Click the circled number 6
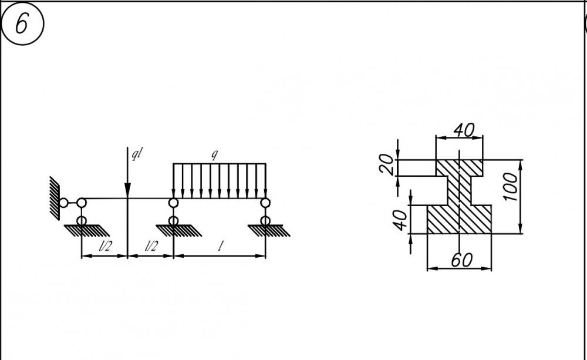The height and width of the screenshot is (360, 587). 22,24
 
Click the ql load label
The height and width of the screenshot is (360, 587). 137,154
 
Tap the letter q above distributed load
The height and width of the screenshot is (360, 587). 214,154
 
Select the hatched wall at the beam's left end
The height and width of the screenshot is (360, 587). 55,198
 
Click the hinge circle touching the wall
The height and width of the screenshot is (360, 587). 63,203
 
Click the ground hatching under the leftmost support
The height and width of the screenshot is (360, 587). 86,231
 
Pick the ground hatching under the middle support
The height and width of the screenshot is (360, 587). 178,231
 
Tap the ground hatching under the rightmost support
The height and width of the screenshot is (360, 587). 269,231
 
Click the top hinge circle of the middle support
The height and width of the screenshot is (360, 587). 173,203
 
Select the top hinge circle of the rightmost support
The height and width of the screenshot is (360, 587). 265,203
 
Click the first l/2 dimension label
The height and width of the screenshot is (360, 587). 105,246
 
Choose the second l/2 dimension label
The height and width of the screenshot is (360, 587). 151,246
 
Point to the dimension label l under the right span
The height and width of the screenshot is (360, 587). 221,246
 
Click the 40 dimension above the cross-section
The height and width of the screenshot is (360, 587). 464,130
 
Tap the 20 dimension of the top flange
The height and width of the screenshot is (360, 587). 387,165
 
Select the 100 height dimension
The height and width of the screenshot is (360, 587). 511,187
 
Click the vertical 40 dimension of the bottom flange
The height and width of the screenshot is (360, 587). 400,220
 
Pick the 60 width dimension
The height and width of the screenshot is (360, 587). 461,260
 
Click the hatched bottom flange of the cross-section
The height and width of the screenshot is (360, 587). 459,220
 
